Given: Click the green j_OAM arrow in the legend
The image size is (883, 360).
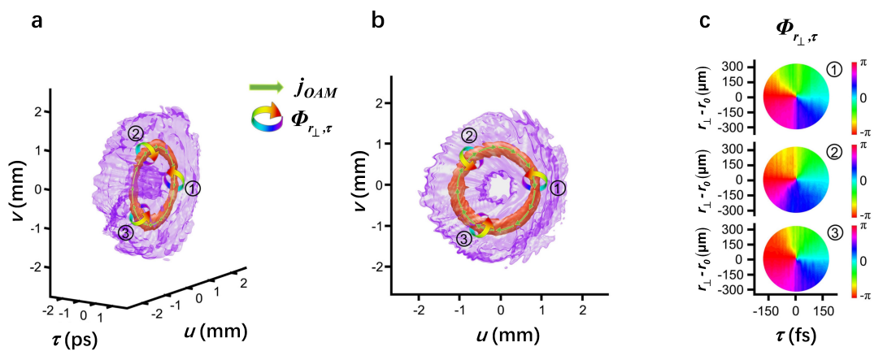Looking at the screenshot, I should (267, 85).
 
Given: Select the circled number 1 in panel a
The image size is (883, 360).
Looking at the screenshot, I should (193, 188).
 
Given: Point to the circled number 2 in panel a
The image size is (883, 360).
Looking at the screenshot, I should (136, 133).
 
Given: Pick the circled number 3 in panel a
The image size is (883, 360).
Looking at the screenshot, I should (125, 233).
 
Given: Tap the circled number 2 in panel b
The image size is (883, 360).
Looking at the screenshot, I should (469, 136).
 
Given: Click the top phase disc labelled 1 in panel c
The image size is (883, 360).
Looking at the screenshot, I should (794, 98).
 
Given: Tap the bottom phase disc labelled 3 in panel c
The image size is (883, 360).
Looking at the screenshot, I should (794, 259).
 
